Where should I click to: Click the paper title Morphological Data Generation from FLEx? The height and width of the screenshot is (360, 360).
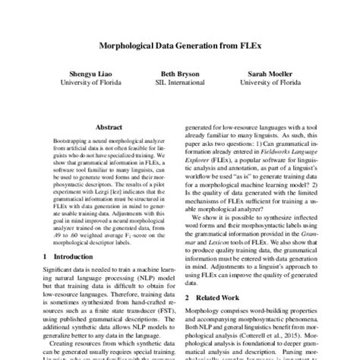point(179,45)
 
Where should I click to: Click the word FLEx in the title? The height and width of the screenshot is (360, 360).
point(245,45)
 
